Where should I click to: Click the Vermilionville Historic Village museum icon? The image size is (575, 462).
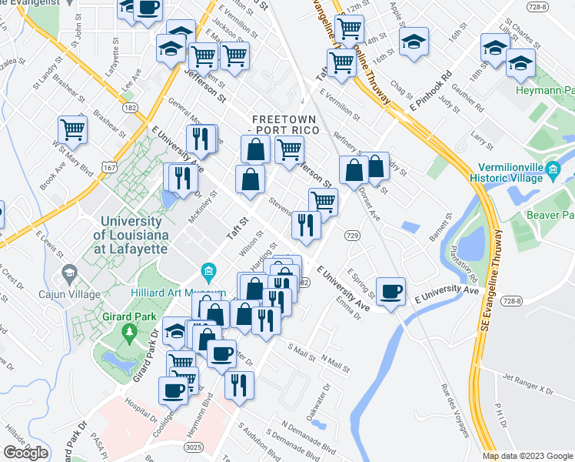tap(552, 170)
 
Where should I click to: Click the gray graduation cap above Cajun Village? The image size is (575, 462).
tap(69, 273)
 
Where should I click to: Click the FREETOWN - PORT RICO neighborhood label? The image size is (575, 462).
tap(291, 125)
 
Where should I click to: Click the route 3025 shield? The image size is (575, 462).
tap(194, 446)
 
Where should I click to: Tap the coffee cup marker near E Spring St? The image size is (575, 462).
tap(391, 291)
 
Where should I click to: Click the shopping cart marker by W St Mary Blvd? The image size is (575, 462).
tap(73, 130)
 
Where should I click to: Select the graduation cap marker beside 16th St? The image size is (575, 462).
tap(414, 42)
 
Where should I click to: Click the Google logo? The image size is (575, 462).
tap(25, 453)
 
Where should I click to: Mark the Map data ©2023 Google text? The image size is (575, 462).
tap(527, 456)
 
